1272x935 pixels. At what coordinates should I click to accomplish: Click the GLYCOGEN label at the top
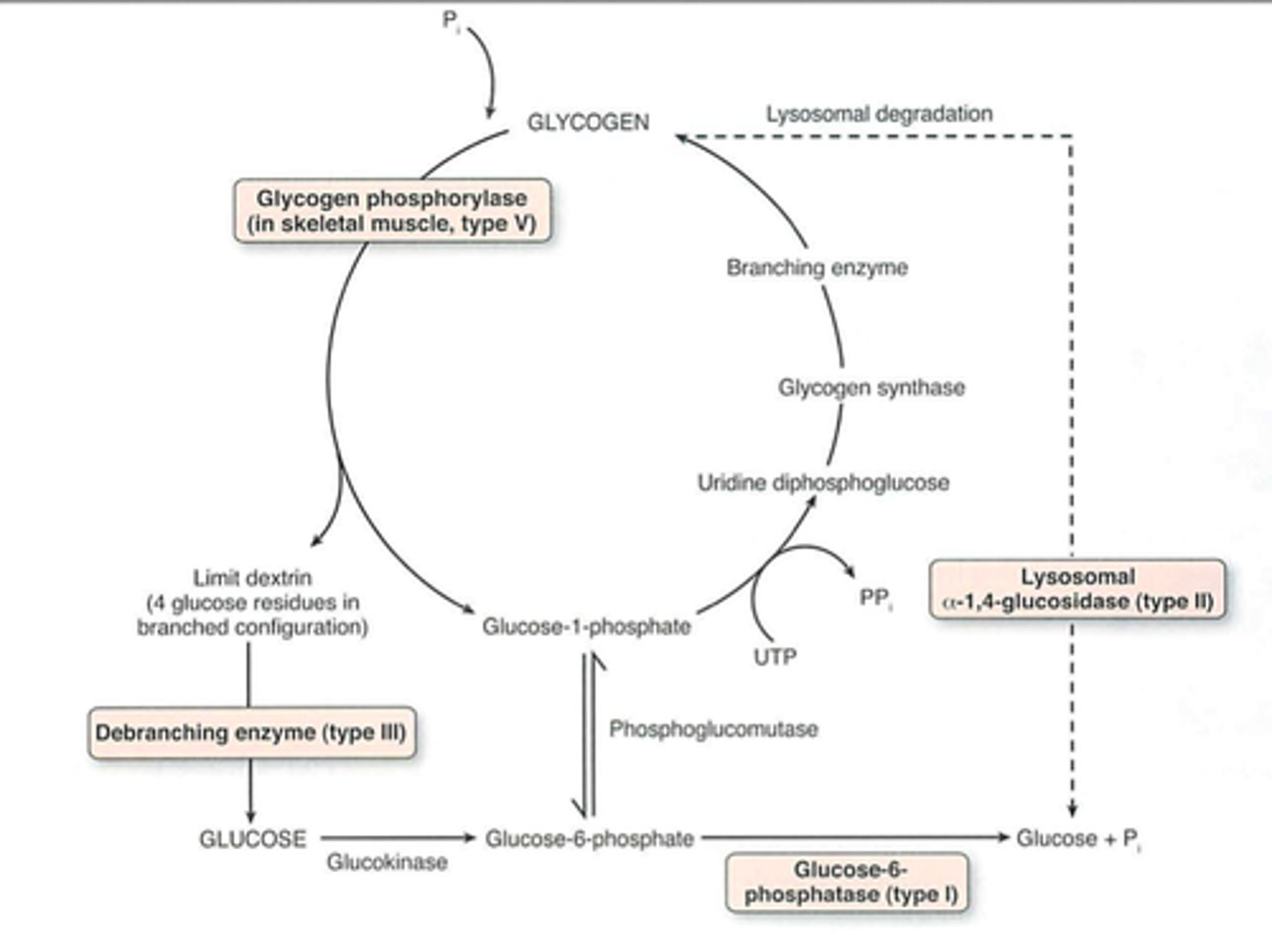(x=587, y=123)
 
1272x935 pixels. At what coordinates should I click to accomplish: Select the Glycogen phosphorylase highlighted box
(x=392, y=211)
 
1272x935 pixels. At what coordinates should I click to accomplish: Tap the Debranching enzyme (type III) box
(x=251, y=733)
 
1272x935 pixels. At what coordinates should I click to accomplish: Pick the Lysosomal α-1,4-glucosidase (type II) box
(x=1078, y=589)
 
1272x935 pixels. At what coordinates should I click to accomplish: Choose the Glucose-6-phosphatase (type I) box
(x=846, y=882)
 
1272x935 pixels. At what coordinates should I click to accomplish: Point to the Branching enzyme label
(x=817, y=268)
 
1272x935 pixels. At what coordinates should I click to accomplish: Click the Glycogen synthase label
(x=871, y=388)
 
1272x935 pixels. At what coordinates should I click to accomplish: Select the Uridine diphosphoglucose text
(x=823, y=483)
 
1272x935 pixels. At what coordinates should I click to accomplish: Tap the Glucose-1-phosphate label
(x=587, y=627)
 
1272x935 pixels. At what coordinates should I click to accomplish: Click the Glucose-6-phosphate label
(x=589, y=839)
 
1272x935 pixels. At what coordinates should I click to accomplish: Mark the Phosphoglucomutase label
(x=714, y=729)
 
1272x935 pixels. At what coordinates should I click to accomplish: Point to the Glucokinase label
(x=387, y=862)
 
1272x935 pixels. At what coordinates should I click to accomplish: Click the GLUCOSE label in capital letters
(x=253, y=839)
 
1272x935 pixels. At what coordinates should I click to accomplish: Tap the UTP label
(x=775, y=657)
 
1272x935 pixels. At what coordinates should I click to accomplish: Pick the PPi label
(x=875, y=599)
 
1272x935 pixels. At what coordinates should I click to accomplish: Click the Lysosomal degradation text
(x=879, y=114)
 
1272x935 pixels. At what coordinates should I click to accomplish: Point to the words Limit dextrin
(x=253, y=578)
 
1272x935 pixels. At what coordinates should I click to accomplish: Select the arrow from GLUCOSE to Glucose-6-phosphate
(x=397, y=838)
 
